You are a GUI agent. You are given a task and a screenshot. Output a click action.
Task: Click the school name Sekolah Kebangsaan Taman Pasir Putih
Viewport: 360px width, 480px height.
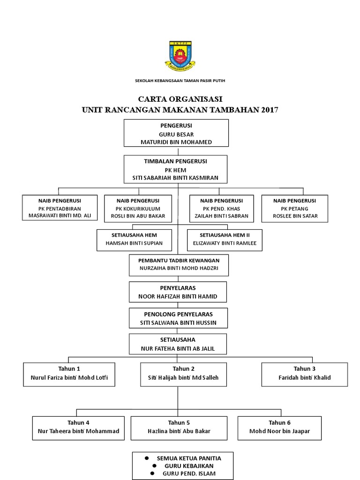pyautogui.click(x=180, y=81)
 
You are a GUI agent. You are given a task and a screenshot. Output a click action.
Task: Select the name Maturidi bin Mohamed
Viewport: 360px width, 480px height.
pyautogui.click(x=176, y=142)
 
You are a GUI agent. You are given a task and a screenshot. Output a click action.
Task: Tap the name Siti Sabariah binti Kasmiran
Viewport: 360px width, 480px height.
pyautogui.click(x=176, y=178)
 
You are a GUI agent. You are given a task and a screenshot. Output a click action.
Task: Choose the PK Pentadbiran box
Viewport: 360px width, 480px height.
pyautogui.click(x=60, y=208)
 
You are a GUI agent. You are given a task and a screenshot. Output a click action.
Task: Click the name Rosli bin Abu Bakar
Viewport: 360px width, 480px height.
pyautogui.click(x=137, y=216)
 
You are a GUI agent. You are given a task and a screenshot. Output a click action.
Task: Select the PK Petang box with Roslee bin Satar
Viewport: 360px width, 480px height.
pyautogui.click(x=295, y=208)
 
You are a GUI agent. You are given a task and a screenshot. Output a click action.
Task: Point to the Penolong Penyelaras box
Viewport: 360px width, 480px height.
pyautogui.click(x=179, y=318)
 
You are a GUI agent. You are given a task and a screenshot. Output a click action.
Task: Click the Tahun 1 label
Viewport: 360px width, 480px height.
pyautogui.click(x=69, y=368)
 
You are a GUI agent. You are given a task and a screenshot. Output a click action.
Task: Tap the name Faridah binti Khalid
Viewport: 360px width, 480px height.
pyautogui.click(x=305, y=377)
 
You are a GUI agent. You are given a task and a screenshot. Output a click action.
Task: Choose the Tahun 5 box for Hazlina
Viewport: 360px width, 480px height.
pyautogui.click(x=179, y=427)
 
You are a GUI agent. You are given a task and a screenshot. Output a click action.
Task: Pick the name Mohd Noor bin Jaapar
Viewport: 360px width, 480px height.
pyautogui.click(x=280, y=431)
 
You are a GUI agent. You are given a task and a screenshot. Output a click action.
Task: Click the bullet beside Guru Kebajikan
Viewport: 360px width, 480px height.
pyautogui.click(x=153, y=466)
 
